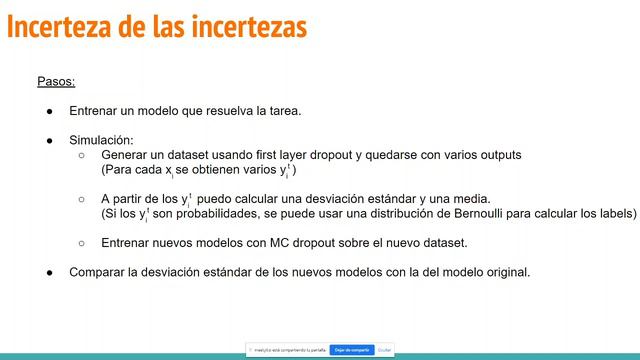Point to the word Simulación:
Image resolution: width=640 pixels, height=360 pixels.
click(x=101, y=140)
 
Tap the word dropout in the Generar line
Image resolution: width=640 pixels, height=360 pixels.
click(x=344, y=156)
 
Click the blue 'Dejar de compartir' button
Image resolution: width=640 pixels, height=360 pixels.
click(x=351, y=349)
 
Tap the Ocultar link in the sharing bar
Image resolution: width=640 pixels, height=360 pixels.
click(x=385, y=349)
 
